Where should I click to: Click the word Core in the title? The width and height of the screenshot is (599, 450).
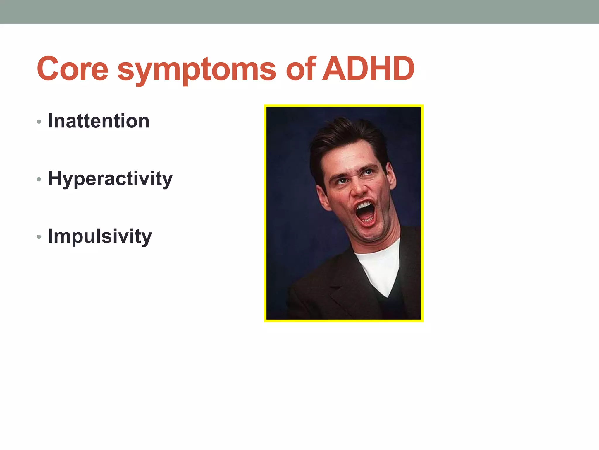[73, 69]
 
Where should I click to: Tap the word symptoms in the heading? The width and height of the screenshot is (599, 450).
[197, 70]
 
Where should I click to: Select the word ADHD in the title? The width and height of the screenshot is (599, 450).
[368, 69]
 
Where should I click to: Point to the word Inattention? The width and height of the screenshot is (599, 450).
[99, 121]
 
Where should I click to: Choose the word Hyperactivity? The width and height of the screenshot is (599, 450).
[110, 179]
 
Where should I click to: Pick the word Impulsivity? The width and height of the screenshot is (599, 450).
[100, 236]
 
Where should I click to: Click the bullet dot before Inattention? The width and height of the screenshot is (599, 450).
[39, 122]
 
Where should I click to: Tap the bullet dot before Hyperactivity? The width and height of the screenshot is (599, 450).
[39, 179]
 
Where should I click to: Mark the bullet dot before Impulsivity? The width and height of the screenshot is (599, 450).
[39, 237]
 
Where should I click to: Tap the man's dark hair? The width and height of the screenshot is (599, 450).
[345, 138]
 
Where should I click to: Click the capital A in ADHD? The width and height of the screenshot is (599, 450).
[336, 69]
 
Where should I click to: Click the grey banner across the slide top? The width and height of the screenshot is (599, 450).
[299, 12]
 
